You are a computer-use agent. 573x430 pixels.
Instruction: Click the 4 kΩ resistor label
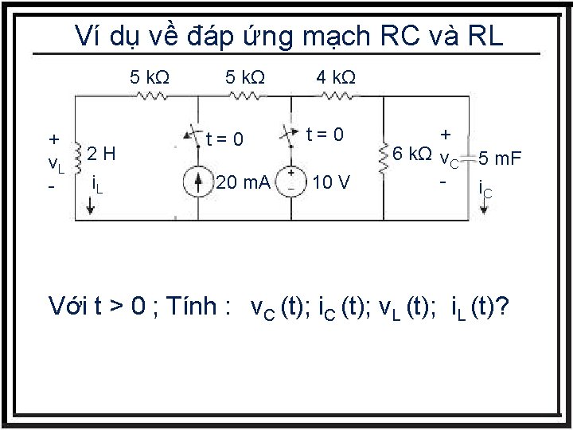(x=336, y=77)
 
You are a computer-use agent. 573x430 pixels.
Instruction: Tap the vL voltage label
(x=56, y=165)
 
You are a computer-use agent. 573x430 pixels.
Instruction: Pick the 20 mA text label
(x=243, y=184)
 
